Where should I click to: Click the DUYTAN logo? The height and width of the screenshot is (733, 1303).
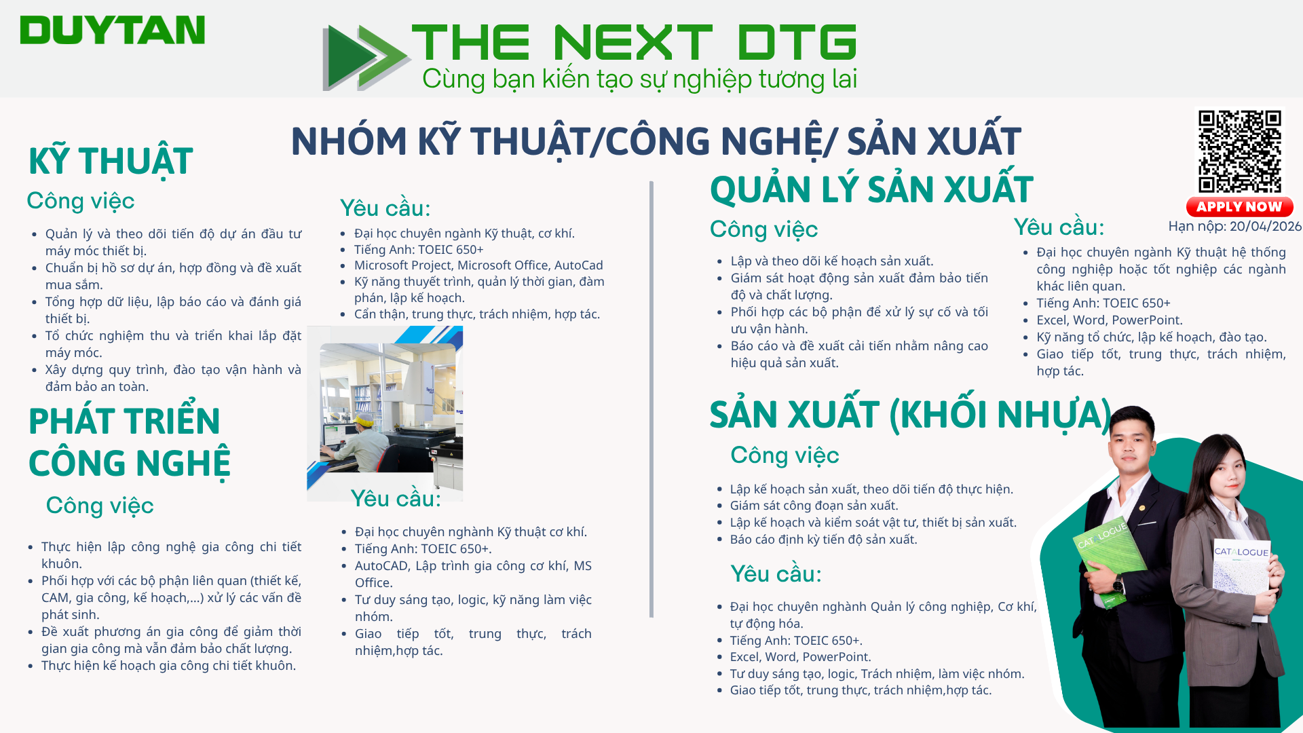point(112,31)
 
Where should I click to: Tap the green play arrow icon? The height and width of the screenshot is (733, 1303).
point(365,57)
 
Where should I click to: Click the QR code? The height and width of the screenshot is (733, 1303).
point(1239,151)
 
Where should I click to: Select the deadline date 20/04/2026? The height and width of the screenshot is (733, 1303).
point(1266,227)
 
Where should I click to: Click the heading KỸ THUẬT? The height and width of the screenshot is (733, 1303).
point(111,162)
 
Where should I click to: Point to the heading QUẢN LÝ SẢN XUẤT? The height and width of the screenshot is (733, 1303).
point(871,189)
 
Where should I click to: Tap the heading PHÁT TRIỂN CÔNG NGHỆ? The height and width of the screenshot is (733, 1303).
point(129,443)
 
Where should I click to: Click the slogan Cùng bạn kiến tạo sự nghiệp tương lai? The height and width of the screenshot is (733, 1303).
point(639,79)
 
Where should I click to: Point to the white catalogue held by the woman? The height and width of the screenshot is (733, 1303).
point(1241,581)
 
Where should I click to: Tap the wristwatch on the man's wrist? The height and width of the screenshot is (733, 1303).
point(1118,585)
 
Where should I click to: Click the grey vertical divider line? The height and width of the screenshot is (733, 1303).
point(651,399)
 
